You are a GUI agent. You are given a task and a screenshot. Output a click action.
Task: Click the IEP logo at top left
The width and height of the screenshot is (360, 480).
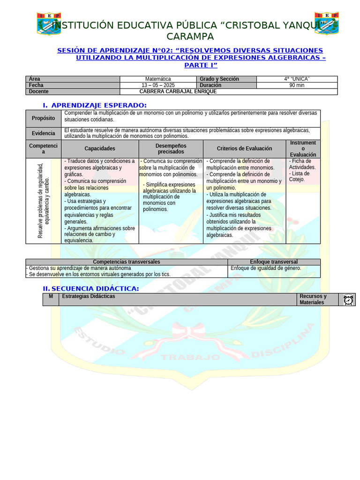pyautogui.click(x=49, y=23)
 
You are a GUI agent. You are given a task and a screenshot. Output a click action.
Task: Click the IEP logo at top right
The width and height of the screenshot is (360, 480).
pyautogui.click(x=326, y=23)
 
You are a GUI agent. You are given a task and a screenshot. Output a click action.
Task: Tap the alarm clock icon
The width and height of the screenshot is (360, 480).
pyautogui.click(x=348, y=300)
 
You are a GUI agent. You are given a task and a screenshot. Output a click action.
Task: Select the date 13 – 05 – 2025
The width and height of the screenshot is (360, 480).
pyautogui.click(x=158, y=85)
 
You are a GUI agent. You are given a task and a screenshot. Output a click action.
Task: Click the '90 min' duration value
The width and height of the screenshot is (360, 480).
pyautogui.click(x=297, y=85)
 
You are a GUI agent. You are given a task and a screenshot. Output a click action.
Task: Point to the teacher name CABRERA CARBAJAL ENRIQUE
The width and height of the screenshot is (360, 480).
pyautogui.click(x=178, y=91)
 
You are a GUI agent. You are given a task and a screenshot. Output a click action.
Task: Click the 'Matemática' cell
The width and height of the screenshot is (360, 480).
pyautogui.click(x=158, y=79)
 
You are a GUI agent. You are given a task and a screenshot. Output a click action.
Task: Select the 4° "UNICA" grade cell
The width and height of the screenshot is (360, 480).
pyautogui.click(x=297, y=79)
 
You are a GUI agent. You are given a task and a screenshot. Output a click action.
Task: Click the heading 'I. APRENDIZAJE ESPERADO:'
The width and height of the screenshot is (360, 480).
pyautogui.click(x=95, y=105)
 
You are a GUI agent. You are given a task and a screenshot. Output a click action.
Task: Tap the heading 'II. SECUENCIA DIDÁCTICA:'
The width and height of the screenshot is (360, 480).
pyautogui.click(x=91, y=288)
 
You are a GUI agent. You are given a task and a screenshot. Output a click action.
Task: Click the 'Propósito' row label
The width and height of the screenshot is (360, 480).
pyautogui.click(x=43, y=118)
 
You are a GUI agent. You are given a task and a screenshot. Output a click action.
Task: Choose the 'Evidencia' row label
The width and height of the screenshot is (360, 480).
pyautogui.click(x=43, y=133)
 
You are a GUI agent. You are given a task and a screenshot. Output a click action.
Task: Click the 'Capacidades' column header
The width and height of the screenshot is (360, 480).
pyautogui.click(x=100, y=149)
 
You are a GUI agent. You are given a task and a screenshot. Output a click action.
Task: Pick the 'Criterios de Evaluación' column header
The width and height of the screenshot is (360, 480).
pyautogui.click(x=244, y=149)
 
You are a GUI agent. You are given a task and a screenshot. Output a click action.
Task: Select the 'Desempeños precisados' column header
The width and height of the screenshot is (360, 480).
pyautogui.click(x=171, y=149)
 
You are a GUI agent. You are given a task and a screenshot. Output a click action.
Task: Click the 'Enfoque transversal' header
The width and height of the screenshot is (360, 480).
pyautogui.click(x=274, y=262)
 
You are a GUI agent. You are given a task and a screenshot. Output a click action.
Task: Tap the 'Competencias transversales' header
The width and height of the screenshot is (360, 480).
pyautogui.click(x=127, y=262)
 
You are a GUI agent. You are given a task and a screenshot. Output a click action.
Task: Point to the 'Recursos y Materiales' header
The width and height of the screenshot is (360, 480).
pyautogui.click(x=313, y=299)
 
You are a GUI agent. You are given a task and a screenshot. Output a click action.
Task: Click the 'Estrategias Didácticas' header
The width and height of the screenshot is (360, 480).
pyautogui.click(x=89, y=296)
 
